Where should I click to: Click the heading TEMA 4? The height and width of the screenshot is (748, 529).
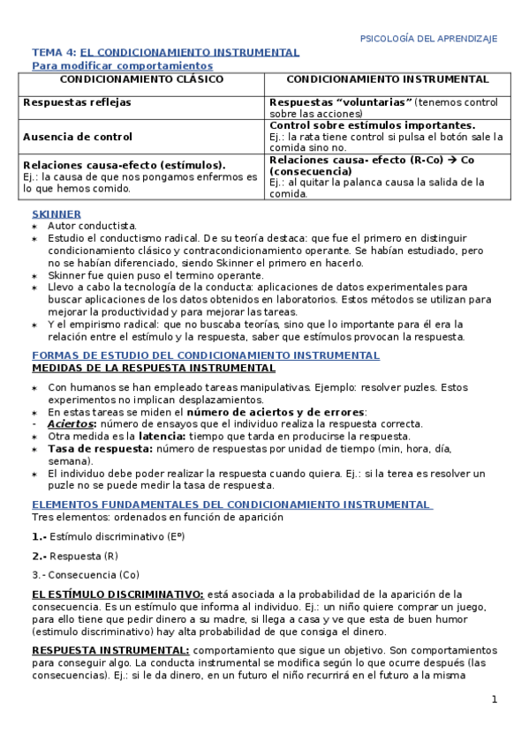tap(54, 53)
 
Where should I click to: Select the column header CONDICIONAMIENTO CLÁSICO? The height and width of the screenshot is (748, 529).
tap(141, 80)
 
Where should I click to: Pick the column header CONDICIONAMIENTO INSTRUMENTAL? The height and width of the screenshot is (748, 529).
tap(388, 80)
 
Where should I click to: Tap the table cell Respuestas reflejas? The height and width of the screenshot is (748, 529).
tap(78, 102)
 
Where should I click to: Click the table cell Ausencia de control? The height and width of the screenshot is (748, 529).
tap(79, 137)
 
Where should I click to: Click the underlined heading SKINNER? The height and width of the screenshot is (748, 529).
tap(57, 213)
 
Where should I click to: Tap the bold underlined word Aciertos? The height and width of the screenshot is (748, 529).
tap(71, 423)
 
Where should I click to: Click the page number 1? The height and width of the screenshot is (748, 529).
tap(495, 699)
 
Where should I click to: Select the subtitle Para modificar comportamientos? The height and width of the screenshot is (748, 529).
tap(122, 65)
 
